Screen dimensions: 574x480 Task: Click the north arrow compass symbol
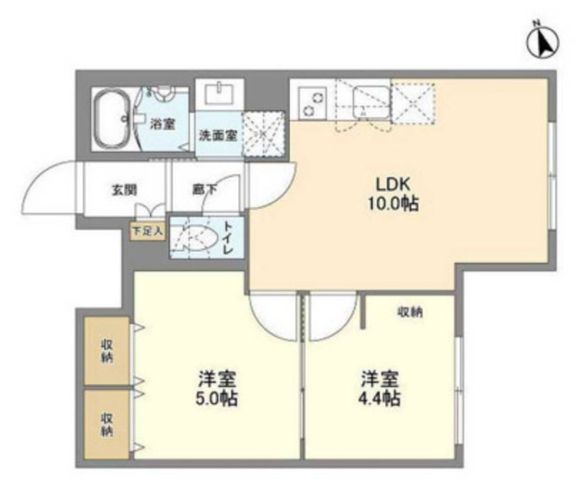point(543,41)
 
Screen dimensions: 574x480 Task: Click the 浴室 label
point(162,124)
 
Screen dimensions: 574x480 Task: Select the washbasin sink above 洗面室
point(219,93)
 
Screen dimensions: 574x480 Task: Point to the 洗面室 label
point(218,136)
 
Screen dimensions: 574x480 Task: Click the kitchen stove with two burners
point(313,103)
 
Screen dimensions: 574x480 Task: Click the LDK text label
point(393,184)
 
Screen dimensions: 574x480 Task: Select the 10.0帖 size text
point(393,204)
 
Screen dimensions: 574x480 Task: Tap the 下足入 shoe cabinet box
point(148,232)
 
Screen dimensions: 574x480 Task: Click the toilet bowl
point(195,238)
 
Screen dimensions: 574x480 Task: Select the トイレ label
point(228,238)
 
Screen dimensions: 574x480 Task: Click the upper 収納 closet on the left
point(107,351)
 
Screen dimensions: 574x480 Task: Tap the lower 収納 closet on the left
point(107,424)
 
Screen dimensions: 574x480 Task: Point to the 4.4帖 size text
point(379,398)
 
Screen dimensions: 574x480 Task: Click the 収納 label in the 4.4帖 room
point(410,312)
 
